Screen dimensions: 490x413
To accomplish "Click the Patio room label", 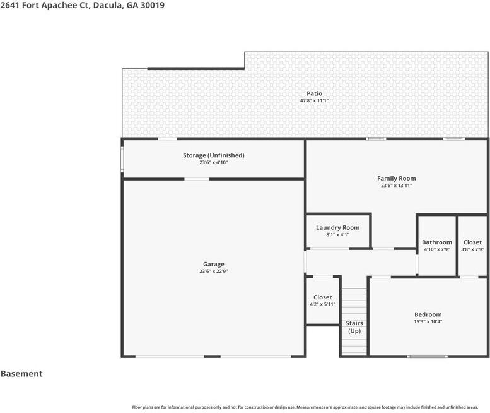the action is pos(315,93).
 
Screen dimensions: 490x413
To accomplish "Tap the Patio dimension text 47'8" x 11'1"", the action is pos(315,101).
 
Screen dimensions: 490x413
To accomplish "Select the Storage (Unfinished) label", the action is pos(214,155).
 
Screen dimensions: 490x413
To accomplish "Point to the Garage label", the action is pos(214,264).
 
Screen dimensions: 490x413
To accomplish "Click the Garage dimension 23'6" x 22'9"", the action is pos(214,272).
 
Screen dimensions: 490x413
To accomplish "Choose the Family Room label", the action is pos(397,178).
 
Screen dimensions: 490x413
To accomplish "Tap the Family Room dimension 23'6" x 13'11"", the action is pos(397,186).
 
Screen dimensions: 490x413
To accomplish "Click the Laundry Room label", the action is pos(338,228).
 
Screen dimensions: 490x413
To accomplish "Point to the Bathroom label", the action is pos(437,242).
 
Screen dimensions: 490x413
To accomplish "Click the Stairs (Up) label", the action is pos(354,327).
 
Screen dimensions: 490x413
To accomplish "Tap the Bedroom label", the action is pos(428,314).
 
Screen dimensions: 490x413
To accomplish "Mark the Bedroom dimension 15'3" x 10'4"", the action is pos(428,321).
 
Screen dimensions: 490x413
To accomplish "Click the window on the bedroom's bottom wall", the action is pos(427,356).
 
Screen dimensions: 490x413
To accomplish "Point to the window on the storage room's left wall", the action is pos(122,159).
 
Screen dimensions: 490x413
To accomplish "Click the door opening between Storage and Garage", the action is pos(197,179).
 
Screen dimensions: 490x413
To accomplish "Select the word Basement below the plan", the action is pos(21,374).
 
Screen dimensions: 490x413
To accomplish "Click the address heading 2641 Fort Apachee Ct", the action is pos(45,5).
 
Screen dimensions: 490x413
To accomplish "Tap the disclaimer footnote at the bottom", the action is pos(305,407).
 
